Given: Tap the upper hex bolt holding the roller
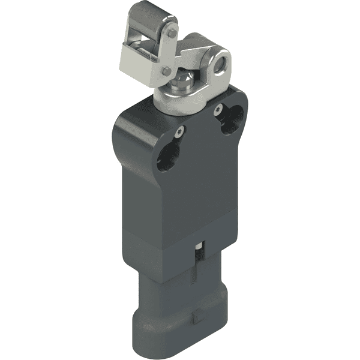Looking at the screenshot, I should [x=172, y=34].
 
